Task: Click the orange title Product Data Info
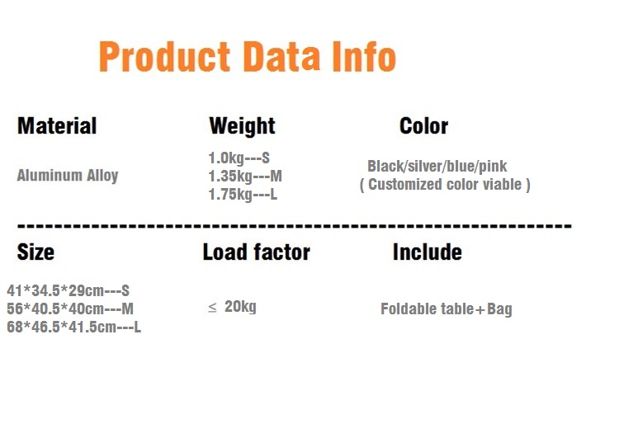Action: tap(248, 56)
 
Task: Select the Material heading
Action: tap(57, 126)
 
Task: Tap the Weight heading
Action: tap(242, 126)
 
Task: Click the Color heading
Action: tap(423, 126)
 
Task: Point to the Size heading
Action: tap(35, 252)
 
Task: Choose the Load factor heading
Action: tap(256, 252)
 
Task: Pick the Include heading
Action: tap(428, 252)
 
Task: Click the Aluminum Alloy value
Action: tap(68, 176)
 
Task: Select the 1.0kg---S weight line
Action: tap(239, 158)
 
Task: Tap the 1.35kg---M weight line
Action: tap(245, 177)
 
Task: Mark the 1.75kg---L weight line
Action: tap(243, 195)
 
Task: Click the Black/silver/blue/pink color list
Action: tap(437, 167)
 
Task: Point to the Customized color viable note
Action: tap(445, 185)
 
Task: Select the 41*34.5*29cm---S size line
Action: tap(69, 290)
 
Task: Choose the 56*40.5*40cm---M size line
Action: tap(70, 309)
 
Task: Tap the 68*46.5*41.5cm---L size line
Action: tap(73, 327)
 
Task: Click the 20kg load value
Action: tap(240, 307)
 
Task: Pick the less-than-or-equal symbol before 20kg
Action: tap(212, 307)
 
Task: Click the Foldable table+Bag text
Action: tap(446, 309)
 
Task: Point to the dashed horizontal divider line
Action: tap(295, 226)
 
